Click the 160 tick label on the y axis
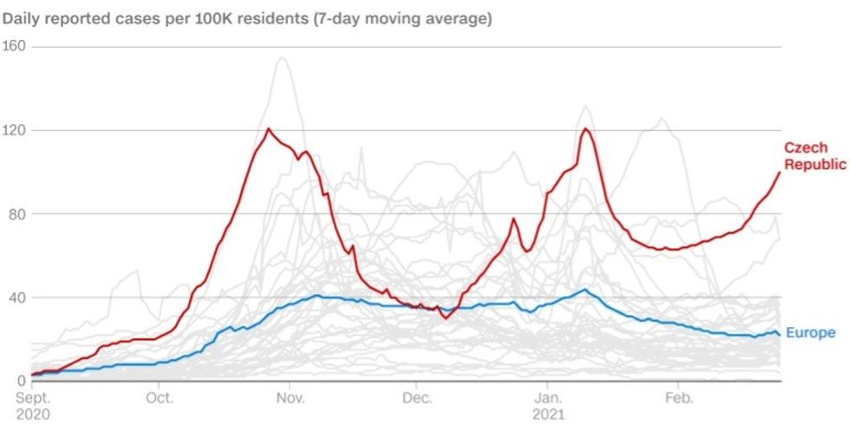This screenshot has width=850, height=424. tap(16, 46)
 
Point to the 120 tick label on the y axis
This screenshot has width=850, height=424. tap(16, 130)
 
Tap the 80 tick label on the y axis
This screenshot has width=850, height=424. tap(13, 214)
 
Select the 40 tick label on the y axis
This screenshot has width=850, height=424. tap(13, 297)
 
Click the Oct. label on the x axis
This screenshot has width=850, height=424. tap(160, 398)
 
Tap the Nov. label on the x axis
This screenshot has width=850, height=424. tap(291, 398)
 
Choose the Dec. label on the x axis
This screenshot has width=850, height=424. tap(417, 398)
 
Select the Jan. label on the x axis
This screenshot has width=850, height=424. tap(547, 398)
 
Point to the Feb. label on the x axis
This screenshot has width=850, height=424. tap(678, 398)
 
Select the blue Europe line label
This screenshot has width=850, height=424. tap(810, 333)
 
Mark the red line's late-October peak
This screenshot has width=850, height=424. tap(269, 129)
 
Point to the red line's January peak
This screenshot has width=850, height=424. tap(586, 129)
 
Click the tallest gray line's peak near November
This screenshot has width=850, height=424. tap(281, 58)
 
